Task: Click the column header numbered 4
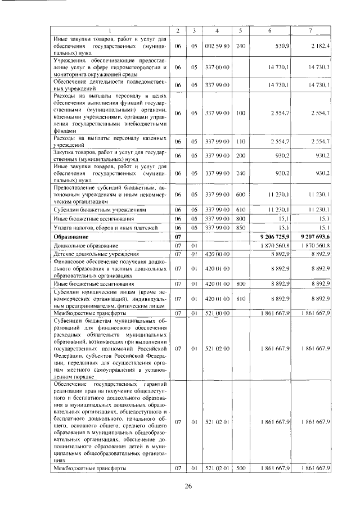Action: click(217, 30)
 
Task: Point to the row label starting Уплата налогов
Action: click(96, 227)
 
